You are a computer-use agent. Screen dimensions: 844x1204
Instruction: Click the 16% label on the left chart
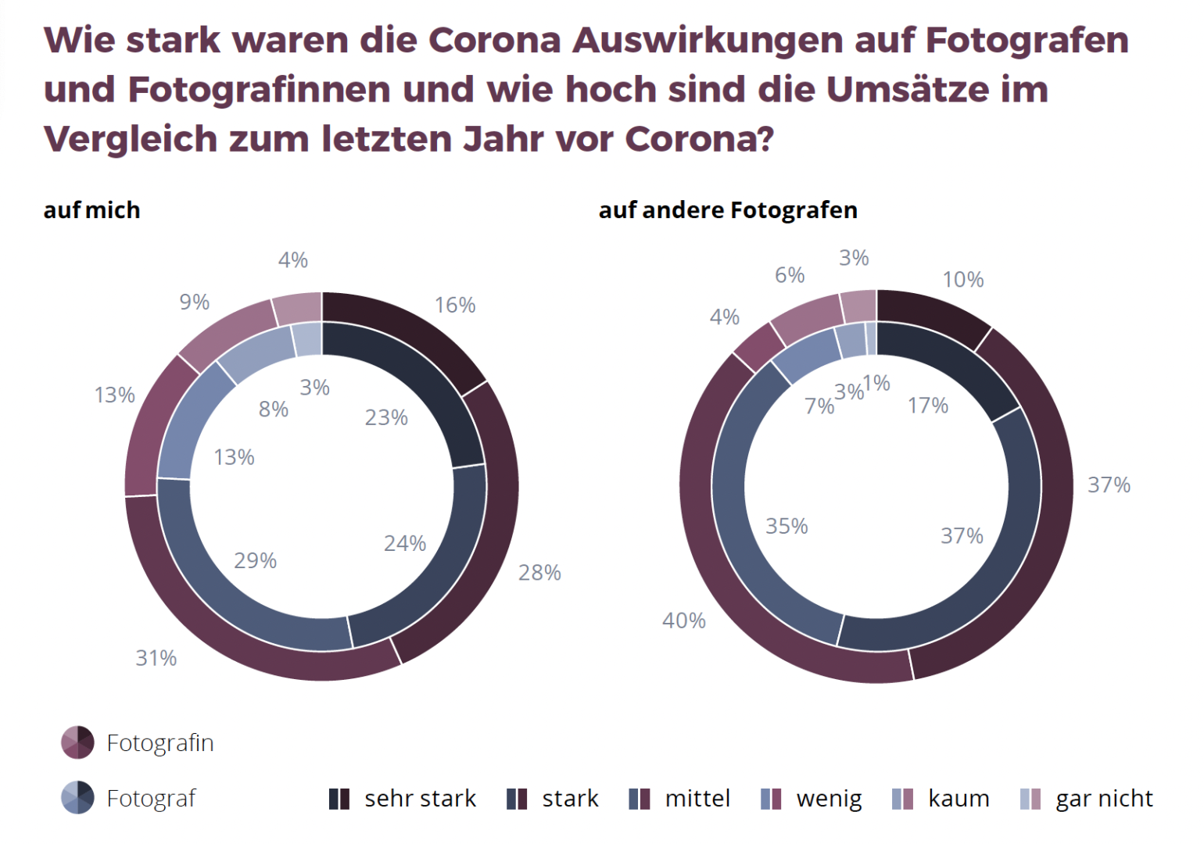[455, 305]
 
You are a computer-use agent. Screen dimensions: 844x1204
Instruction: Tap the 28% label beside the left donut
[539, 573]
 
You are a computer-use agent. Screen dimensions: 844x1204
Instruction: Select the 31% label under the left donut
[156, 658]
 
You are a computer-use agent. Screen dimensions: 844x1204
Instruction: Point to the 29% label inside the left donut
[256, 560]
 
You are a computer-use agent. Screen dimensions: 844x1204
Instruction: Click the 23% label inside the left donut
[386, 417]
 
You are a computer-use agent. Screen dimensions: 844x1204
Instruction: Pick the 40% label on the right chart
[684, 620]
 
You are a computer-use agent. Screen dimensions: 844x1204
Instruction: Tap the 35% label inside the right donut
[787, 526]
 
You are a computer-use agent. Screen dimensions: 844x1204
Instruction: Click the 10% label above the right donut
[963, 280]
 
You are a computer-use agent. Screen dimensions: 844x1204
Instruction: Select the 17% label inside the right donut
[928, 406]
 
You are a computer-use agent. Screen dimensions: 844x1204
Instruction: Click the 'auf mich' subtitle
[92, 210]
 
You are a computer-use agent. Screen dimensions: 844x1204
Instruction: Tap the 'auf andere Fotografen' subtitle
[728, 210]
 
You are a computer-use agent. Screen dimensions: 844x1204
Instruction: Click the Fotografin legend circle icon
[77, 742]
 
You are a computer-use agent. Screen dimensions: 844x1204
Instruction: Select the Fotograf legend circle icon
[77, 798]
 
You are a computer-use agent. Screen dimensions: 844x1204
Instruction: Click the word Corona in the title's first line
[494, 41]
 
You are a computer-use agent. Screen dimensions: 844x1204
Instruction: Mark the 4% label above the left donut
[293, 260]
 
